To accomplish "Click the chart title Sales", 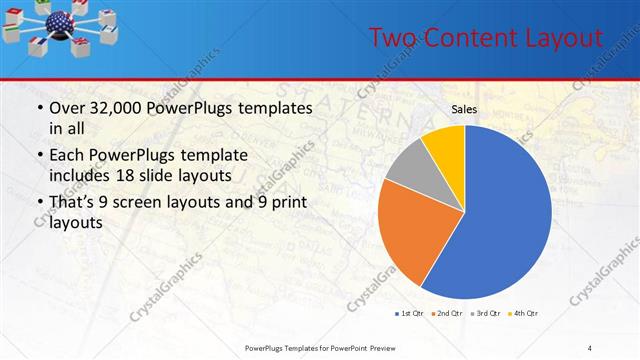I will [x=463, y=109].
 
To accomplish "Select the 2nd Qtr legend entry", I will [x=444, y=314].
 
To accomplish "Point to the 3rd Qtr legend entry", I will [x=484, y=314].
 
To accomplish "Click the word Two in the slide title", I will [x=391, y=38].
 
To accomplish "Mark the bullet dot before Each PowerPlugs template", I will [x=39, y=156].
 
